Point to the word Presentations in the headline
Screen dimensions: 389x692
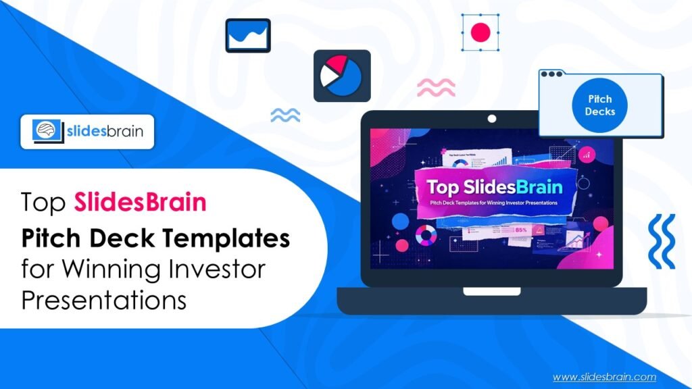coord(103,300)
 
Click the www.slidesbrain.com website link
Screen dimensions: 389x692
coord(605,377)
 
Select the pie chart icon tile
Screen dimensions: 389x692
coord(341,76)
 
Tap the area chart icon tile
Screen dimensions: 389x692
coord(247,35)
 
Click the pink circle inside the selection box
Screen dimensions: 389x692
coord(480,32)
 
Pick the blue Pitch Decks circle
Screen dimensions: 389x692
coord(599,105)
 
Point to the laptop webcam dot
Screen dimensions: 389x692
coord(491,119)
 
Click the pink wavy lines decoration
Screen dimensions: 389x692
coord(436,86)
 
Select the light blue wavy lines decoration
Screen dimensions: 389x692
coord(285,115)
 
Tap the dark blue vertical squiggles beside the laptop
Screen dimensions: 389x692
coord(661,241)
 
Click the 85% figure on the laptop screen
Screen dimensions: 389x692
coord(521,229)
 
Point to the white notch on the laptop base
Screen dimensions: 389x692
coord(491,292)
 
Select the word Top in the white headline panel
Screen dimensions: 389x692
coord(44,203)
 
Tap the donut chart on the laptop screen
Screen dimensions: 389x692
coord(426,235)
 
